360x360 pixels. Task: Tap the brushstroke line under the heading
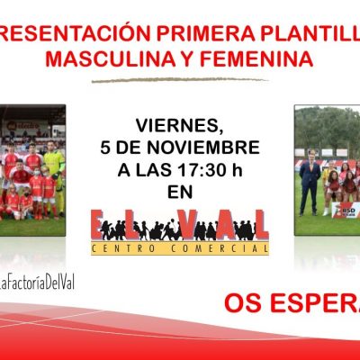pos(180,81)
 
